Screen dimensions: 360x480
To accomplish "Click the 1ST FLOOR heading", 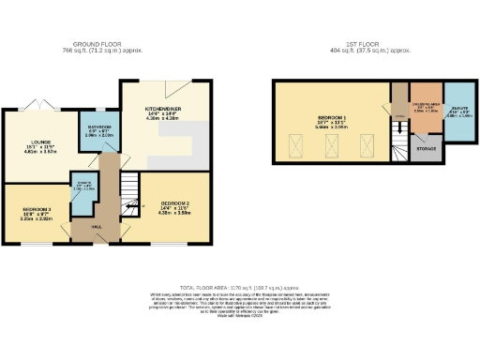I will (x=358, y=45).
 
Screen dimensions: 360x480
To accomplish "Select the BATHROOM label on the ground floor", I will (x=100, y=127).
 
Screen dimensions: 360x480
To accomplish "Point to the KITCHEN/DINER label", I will (x=155, y=112).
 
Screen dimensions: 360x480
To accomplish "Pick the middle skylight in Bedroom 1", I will (x=332, y=144).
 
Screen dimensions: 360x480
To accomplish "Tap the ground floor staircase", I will (x=127, y=197).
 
